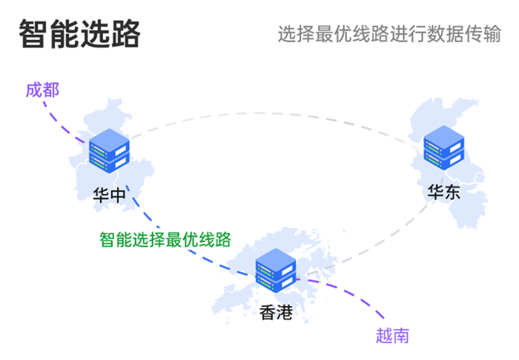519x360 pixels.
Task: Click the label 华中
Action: pos(109,194)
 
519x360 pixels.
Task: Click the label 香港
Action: pos(276,313)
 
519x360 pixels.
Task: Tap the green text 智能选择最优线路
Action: pos(166,239)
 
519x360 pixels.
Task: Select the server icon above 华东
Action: pos(444,149)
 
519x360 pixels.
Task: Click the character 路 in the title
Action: pos(125,34)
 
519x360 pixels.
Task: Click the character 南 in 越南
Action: pos(401,336)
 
